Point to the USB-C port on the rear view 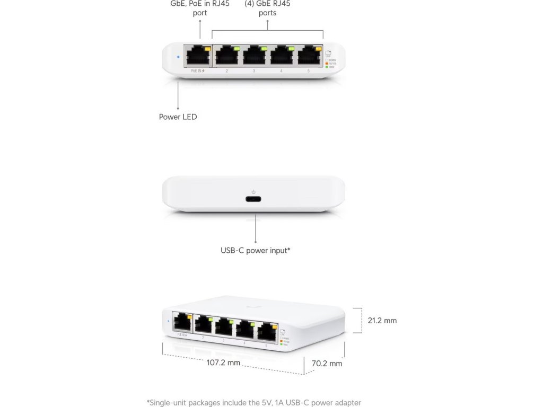click(254, 200)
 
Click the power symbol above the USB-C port click(254, 192)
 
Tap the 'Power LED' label click(178, 117)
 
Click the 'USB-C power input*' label click(255, 250)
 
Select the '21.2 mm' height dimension click(382, 321)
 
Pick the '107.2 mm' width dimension click(223, 363)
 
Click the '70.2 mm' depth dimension click(327, 364)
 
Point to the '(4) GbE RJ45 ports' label click(267, 8)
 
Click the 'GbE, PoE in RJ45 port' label click(200, 8)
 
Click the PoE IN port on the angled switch click(182, 323)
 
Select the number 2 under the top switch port click(226, 70)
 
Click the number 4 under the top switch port click(281, 70)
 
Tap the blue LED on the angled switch click(168, 321)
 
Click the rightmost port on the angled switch click(267, 332)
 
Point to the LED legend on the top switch click(330, 60)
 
